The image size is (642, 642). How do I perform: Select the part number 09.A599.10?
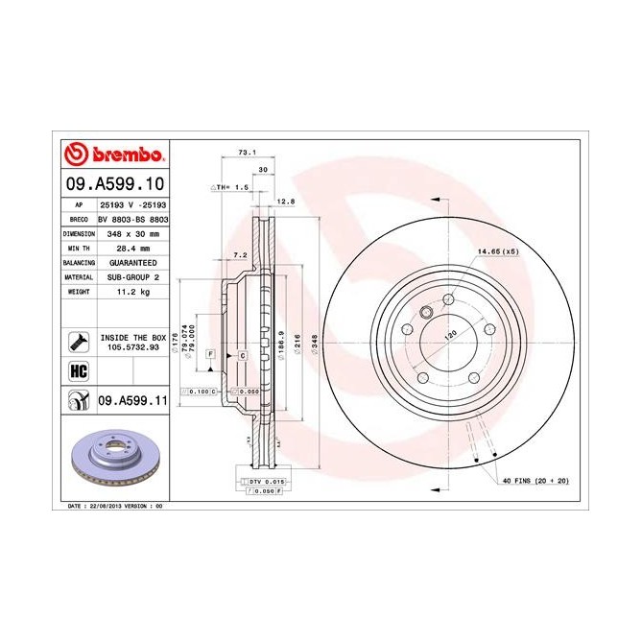pos(116,182)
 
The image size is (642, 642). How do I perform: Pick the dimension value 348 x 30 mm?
pos(133,233)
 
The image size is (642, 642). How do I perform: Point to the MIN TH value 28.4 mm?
pos(133,247)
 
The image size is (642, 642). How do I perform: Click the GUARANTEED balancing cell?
pos(133,261)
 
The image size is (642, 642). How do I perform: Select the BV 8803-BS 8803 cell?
pos(133,219)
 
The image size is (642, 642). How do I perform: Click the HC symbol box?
pos(78,371)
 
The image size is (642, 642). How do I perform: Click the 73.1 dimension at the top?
pos(247,152)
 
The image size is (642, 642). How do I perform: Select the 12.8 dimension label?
pos(284,201)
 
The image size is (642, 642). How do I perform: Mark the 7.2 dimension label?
pos(240,254)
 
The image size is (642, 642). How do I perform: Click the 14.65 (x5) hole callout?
pos(498,252)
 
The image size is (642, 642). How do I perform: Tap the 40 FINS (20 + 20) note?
pos(535,480)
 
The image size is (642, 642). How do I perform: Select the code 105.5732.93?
pos(133,346)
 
